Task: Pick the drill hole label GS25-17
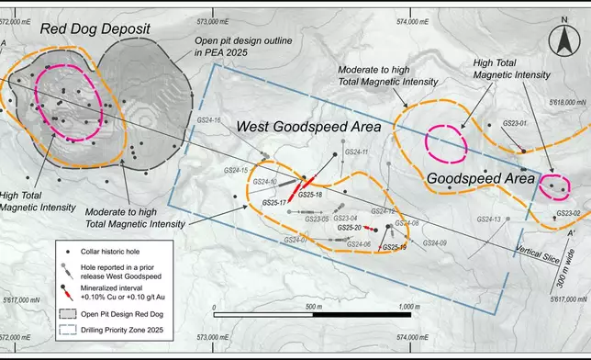tap(275, 201)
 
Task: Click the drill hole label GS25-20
tap(350, 227)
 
